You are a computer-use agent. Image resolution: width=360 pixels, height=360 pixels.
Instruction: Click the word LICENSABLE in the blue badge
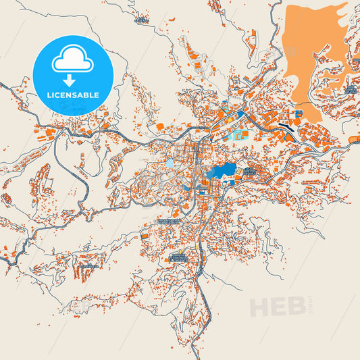coord(73,95)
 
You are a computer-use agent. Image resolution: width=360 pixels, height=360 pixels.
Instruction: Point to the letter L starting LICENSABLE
coord(49,95)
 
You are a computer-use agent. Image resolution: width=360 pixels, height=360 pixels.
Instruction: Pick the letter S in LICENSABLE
coord(75,95)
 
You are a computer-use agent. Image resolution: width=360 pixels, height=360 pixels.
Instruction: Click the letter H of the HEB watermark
coord(259,307)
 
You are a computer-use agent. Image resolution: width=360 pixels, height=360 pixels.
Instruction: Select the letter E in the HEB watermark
coord(278,307)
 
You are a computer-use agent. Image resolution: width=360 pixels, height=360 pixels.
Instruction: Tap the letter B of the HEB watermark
coord(296,307)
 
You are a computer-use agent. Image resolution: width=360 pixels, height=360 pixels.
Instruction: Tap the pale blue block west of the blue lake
coord(170,163)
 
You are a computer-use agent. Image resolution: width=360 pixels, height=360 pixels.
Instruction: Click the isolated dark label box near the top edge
coord(141,20)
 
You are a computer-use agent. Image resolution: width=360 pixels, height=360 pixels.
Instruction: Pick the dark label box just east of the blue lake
coord(249,172)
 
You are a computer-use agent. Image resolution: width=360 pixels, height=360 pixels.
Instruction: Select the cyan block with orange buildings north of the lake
coord(232,134)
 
